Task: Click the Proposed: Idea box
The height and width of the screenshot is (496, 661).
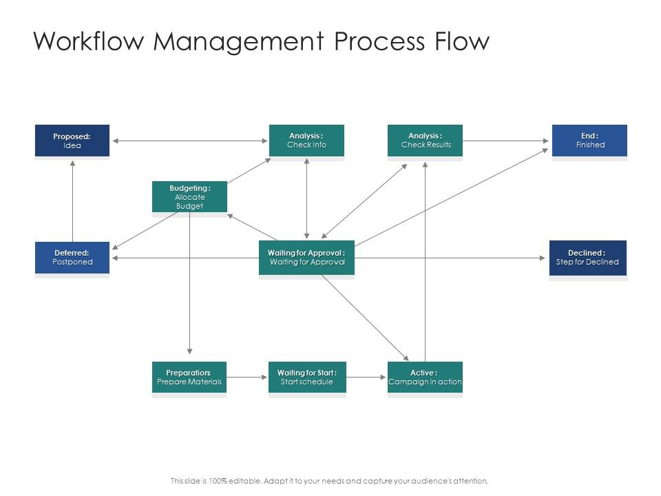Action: click(72, 141)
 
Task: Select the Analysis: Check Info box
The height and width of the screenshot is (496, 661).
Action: click(306, 141)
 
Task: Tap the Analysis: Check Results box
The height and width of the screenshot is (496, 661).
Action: click(425, 141)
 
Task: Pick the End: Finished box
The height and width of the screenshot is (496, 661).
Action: click(590, 141)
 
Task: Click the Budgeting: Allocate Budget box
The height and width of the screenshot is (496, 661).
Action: click(190, 196)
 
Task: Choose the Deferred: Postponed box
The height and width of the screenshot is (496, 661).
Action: click(72, 258)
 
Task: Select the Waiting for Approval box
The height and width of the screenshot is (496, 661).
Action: click(306, 258)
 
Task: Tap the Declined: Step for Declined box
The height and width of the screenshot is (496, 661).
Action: click(588, 258)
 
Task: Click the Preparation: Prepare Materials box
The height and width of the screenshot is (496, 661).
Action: click(189, 377)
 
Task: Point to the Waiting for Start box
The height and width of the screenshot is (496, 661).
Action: click(307, 377)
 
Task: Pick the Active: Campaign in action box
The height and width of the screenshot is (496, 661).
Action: click(425, 377)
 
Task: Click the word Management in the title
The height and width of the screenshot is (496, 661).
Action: click(239, 42)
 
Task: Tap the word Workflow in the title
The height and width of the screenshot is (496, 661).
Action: click(89, 41)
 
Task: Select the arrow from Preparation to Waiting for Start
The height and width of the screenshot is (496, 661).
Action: click(247, 377)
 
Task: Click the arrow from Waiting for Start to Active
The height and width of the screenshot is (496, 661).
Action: click(366, 377)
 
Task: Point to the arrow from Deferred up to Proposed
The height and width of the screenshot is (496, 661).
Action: click(72, 200)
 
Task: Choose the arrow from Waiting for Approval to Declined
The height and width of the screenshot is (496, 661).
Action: click(450, 258)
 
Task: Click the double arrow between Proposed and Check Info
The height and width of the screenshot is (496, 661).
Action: click(190, 141)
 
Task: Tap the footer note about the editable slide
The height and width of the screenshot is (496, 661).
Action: click(329, 481)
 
